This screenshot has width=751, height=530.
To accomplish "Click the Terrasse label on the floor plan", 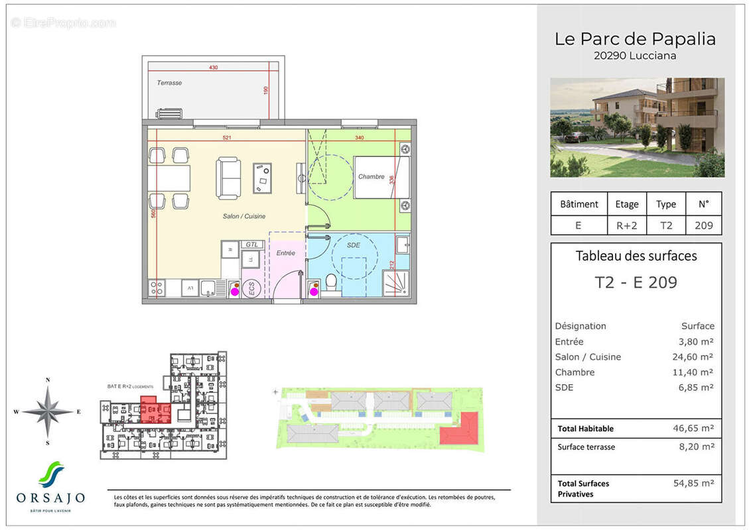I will [x=169, y=83].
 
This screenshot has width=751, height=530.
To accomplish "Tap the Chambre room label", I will [x=371, y=177].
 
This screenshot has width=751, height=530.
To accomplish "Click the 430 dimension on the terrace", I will [x=213, y=68].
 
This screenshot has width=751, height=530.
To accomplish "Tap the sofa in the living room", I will [x=228, y=178].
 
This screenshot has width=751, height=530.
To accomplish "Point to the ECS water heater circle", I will [x=251, y=289].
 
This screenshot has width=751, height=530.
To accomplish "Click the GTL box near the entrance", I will [x=251, y=244].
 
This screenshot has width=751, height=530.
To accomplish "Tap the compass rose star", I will [x=47, y=411].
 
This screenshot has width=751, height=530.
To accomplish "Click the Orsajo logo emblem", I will [x=50, y=474].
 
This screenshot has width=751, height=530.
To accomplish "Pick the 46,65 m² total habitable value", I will [x=693, y=429].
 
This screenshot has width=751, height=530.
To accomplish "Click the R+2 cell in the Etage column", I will [x=626, y=225].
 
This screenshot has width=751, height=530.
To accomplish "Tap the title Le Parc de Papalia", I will [x=635, y=39].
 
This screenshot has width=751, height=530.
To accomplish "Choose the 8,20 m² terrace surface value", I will [x=695, y=447].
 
